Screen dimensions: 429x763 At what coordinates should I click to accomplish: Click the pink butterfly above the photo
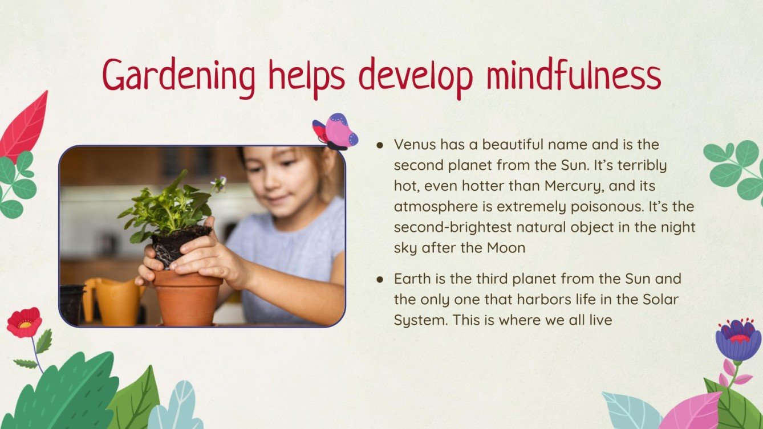click(336, 132)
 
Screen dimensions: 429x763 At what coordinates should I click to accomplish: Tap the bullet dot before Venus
click(380, 145)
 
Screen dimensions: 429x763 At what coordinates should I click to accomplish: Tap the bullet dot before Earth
click(380, 280)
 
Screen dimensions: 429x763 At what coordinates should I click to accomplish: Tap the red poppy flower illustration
click(24, 322)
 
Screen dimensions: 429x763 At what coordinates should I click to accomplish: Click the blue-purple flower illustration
click(738, 340)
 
